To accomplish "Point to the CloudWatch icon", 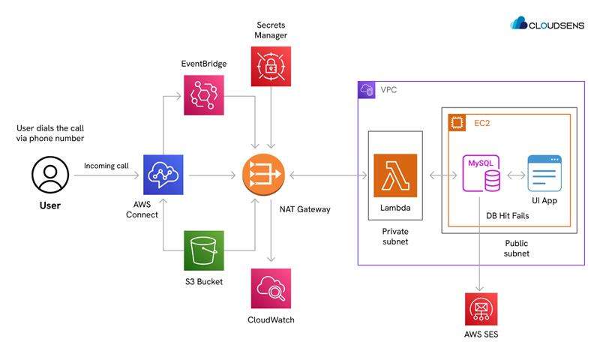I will [x=271, y=289].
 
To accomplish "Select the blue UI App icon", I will [x=544, y=174].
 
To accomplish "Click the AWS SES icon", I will [x=481, y=308].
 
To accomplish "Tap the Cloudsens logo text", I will [x=559, y=23].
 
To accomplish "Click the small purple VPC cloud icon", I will [x=367, y=90].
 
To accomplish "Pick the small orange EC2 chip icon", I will [x=456, y=122].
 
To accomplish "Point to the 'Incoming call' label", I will [x=106, y=166].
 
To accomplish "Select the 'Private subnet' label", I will [x=394, y=236].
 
